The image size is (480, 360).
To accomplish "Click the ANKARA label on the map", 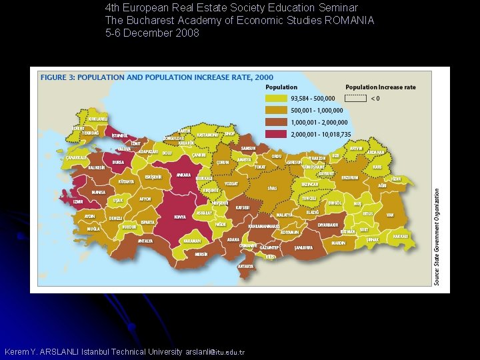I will (x=183, y=175).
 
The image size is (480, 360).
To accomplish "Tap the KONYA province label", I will (x=180, y=217).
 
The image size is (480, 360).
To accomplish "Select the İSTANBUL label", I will (x=121, y=136).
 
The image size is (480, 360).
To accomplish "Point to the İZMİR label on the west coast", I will (x=78, y=201).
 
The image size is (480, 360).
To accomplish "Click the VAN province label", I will (x=390, y=215).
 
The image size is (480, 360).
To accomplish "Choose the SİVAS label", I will (x=272, y=189).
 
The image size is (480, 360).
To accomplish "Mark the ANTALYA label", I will (x=145, y=241).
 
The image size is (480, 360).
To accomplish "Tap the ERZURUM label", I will (x=349, y=178).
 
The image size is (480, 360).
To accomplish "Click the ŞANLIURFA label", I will (x=304, y=247).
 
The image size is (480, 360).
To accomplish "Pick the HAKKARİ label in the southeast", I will (x=401, y=237).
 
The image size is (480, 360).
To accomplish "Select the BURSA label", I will (x=119, y=162).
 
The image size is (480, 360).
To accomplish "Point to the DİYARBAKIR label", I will (x=328, y=225).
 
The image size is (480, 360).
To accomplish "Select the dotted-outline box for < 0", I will (x=357, y=98).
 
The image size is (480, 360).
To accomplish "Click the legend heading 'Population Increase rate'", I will (x=380, y=87).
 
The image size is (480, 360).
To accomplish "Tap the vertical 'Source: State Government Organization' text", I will (x=437, y=237).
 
